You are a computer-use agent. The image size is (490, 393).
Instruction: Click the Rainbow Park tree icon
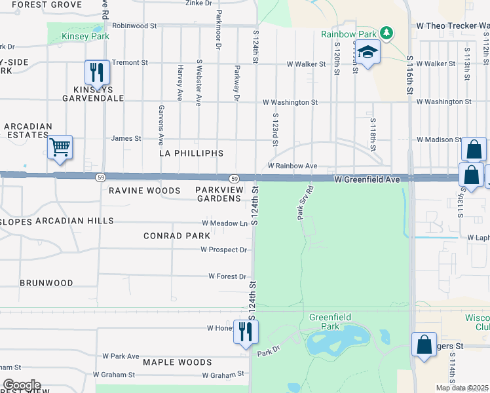coord(386,33)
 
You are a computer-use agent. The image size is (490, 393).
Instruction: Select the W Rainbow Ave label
coord(292,166)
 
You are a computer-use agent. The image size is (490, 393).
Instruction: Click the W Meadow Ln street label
coord(224,223)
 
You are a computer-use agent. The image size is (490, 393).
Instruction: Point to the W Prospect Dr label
coord(223,250)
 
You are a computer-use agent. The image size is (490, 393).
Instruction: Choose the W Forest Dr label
coord(227,276)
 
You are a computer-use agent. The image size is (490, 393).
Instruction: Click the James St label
coord(126,138)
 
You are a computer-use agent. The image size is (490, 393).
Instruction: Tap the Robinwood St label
coord(134,26)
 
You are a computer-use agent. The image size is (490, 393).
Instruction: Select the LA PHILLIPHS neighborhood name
coord(191,153)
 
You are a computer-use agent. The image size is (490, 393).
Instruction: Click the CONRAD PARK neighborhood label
coord(178,235)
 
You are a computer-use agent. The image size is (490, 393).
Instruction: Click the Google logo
coord(22,385)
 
